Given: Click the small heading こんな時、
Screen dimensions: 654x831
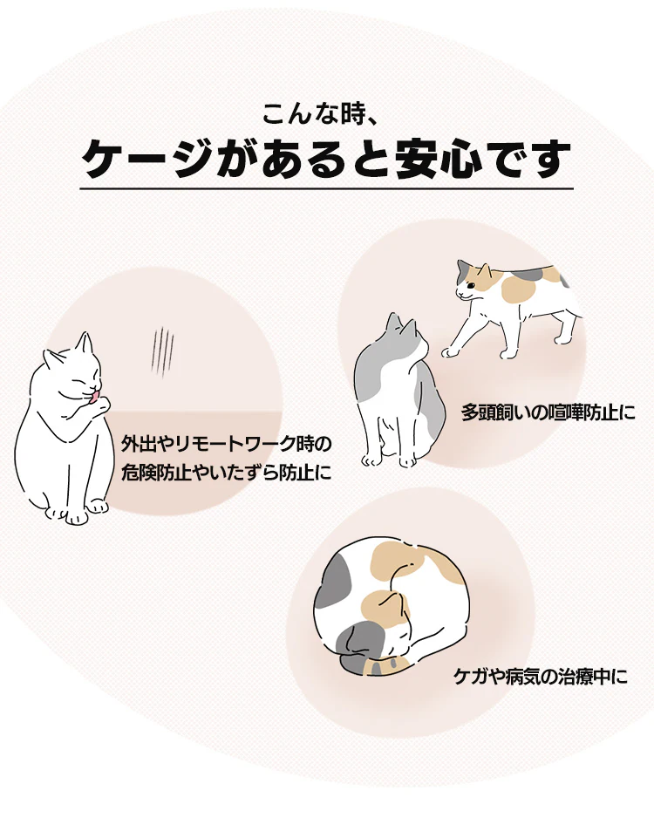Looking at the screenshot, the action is pyautogui.click(x=319, y=114).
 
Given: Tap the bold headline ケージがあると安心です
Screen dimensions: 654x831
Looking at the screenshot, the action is pyautogui.click(x=326, y=159).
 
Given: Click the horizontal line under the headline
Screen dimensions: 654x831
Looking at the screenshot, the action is pyautogui.click(x=326, y=188).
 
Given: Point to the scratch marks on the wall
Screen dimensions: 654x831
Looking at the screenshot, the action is pyautogui.click(x=162, y=351).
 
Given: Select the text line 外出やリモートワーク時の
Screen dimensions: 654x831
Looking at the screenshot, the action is pyautogui.click(x=227, y=444).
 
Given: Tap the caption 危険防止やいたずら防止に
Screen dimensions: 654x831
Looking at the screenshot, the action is pyautogui.click(x=227, y=472).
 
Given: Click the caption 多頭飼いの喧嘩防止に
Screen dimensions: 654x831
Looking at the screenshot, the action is pyautogui.click(x=548, y=412).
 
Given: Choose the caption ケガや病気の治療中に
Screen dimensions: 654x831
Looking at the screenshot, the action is pyautogui.click(x=541, y=677).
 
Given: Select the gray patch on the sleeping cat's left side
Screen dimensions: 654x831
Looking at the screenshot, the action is pyautogui.click(x=334, y=583).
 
